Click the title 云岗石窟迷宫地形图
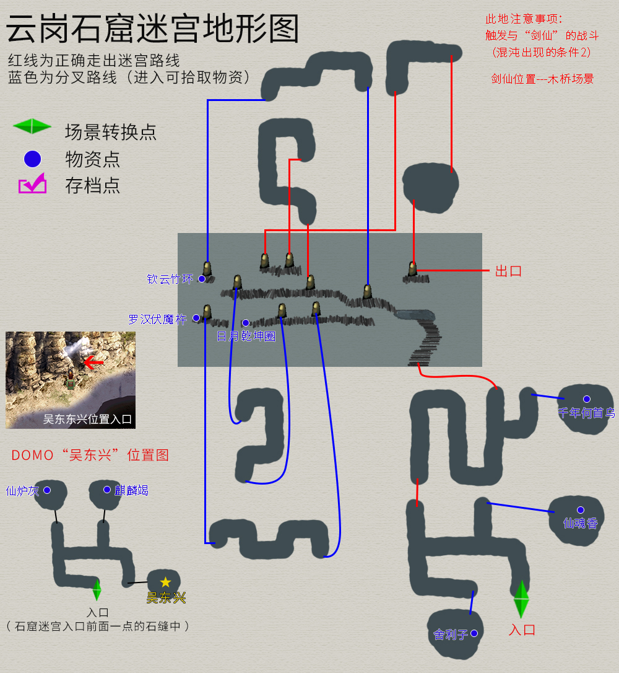coord(152,29)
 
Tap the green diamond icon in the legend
coord(32,126)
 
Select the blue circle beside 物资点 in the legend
coord(32,159)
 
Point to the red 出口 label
coord(508,271)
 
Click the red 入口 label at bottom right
coord(521,630)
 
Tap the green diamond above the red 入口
coord(521,599)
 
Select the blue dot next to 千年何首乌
coord(586,399)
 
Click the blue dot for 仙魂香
coord(580,510)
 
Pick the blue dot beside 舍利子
coord(474,633)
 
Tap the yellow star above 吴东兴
coord(165,583)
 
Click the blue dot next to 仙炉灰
coord(46,490)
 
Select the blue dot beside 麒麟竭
coord(106,490)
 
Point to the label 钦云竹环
coord(170,279)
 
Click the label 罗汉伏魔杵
coord(157,319)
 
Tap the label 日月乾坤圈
coord(246,336)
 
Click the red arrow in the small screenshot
coord(93,362)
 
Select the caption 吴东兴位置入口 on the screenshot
coord(87,420)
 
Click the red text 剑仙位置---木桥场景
coord(542,79)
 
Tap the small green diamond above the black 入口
coord(97,589)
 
